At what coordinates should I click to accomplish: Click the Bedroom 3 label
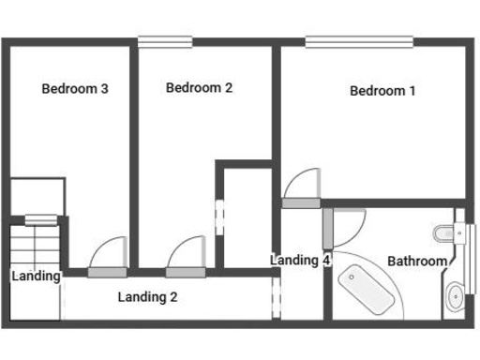[75, 89]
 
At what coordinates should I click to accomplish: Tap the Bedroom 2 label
[199, 88]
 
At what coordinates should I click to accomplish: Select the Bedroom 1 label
[382, 91]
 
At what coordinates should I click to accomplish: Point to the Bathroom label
[417, 261]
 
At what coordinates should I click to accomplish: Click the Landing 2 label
[148, 297]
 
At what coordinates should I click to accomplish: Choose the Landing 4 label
[300, 260]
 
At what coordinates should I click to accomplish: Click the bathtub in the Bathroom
[368, 288]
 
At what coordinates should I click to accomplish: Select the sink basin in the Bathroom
[455, 297]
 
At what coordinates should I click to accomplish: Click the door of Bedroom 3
[103, 272]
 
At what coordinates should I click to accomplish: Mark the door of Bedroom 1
[301, 202]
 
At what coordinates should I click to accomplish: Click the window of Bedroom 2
[165, 40]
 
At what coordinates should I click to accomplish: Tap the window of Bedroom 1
[358, 40]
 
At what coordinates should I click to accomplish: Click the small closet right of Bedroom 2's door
[246, 216]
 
